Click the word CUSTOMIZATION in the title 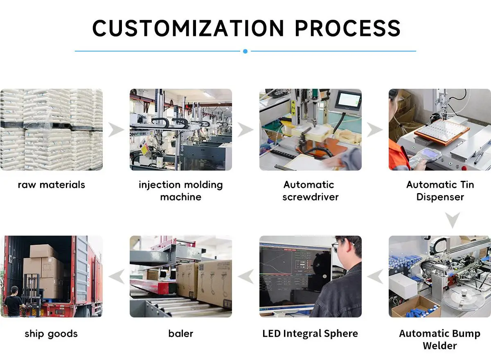click(188, 28)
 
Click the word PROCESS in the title click(348, 28)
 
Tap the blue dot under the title click(245, 51)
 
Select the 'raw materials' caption click(51, 185)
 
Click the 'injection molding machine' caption click(181, 191)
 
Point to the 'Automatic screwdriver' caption click(311, 191)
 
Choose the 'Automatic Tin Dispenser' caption click(440, 191)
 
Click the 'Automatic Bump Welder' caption click(440, 340)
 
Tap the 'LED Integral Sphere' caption click(310, 334)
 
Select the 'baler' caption click(181, 334)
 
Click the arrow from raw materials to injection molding click(116, 130)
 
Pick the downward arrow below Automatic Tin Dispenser click(453, 220)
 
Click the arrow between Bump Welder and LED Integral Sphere click(375, 276)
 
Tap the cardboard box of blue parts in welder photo click(416, 307)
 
